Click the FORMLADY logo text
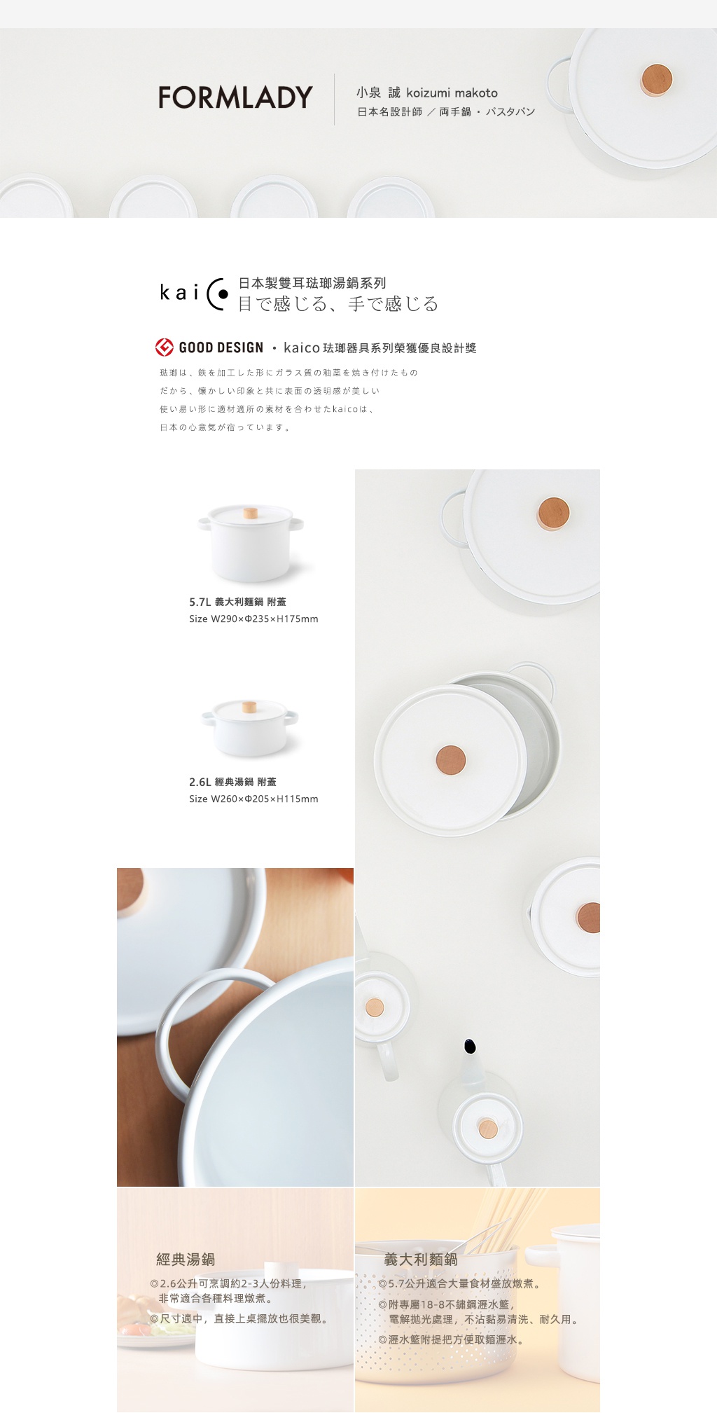pos(235,97)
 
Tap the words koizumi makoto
pos(452,92)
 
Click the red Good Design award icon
pos(165,347)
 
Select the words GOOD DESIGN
pos(221,347)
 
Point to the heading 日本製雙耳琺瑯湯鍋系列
pos(312,283)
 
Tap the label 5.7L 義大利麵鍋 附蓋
pos(237,602)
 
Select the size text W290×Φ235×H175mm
pos(265,619)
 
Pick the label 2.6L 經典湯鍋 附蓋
pos(232,782)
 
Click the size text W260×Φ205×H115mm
pos(265,799)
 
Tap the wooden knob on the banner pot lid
pos(656,80)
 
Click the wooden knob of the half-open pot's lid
pos(451,759)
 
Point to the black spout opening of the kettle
pos(471,1046)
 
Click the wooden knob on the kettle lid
pos(488,1129)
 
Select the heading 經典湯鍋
pos(186,1259)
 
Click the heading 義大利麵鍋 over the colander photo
pos(421,1259)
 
